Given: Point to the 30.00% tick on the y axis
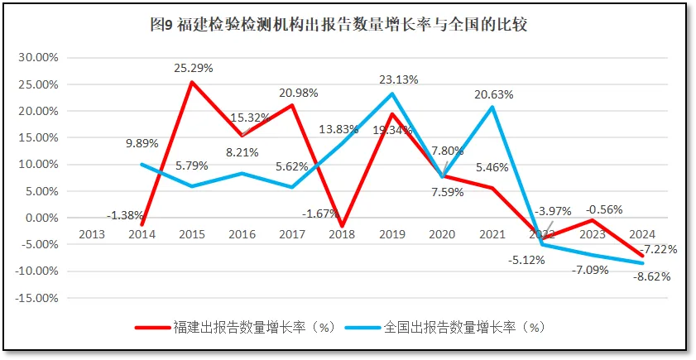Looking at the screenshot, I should click(38, 58).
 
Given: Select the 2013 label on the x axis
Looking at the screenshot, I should click(92, 233).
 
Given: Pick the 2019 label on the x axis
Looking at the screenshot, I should click(391, 233).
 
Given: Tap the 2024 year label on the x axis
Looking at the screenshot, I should click(642, 233).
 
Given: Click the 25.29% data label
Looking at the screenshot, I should click(193, 67).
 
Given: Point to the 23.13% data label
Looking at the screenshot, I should click(399, 79).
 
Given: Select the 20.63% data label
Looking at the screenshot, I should click(494, 94).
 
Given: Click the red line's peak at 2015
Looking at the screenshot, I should click(192, 82).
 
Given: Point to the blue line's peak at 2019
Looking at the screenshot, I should click(392, 94).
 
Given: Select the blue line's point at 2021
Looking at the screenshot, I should click(492, 107).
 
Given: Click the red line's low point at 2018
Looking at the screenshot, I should click(342, 226).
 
